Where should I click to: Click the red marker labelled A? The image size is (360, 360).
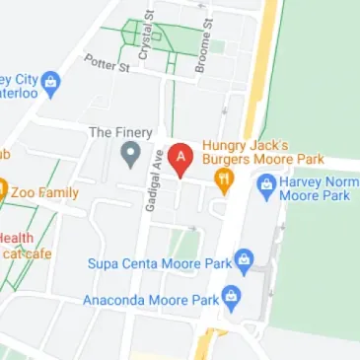tap(180, 159)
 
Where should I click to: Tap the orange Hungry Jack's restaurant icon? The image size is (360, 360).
tap(223, 180)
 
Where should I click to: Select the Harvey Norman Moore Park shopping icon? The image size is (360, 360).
tap(266, 182)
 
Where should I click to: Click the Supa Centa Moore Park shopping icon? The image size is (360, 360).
tap(245, 259)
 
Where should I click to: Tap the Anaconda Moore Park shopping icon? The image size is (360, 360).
tap(232, 295)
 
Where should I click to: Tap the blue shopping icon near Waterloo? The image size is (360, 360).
tap(50, 80)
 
